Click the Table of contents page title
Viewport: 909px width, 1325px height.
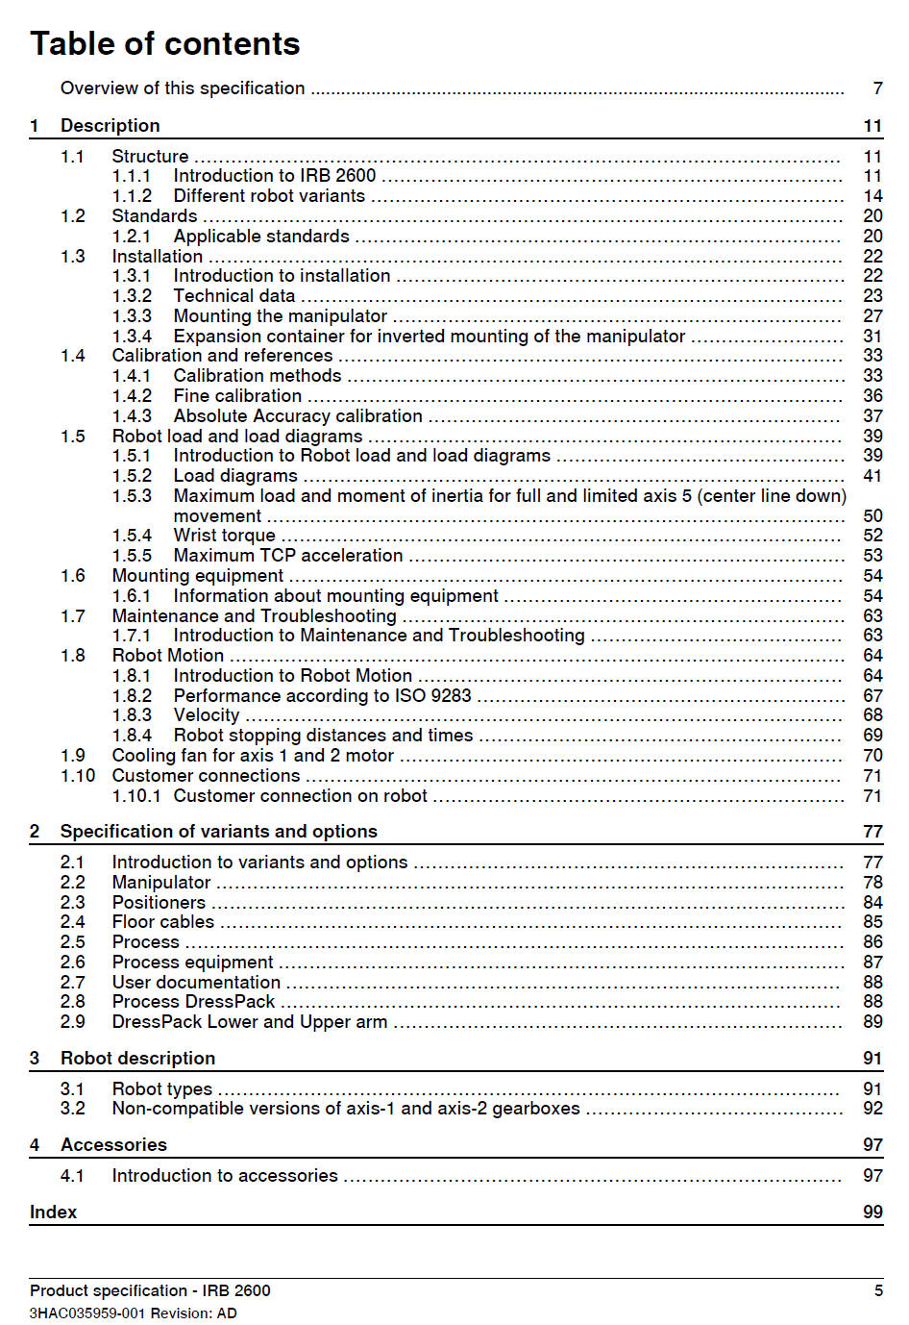165,44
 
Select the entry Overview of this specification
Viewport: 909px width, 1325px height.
183,88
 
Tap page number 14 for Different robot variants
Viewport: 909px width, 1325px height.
872,196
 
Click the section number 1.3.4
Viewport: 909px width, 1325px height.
132,337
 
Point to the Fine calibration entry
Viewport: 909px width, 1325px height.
237,396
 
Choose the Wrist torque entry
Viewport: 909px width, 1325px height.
224,536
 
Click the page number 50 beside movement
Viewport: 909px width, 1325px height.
872,516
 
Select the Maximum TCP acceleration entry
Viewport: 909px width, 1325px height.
287,556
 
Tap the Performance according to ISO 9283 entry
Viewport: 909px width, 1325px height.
322,696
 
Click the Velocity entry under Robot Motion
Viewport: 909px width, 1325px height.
206,715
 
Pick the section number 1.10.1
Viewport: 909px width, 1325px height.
136,796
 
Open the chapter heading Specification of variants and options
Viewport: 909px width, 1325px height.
218,832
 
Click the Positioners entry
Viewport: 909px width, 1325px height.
159,903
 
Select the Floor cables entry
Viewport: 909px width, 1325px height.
162,922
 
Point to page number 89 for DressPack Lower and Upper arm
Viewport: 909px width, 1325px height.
872,1022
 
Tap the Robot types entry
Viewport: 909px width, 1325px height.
161,1089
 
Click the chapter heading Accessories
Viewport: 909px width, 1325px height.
113,1145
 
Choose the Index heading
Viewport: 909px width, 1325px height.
53,1212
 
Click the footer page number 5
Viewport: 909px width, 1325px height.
878,1291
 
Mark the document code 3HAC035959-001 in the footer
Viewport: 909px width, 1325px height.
87,1313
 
